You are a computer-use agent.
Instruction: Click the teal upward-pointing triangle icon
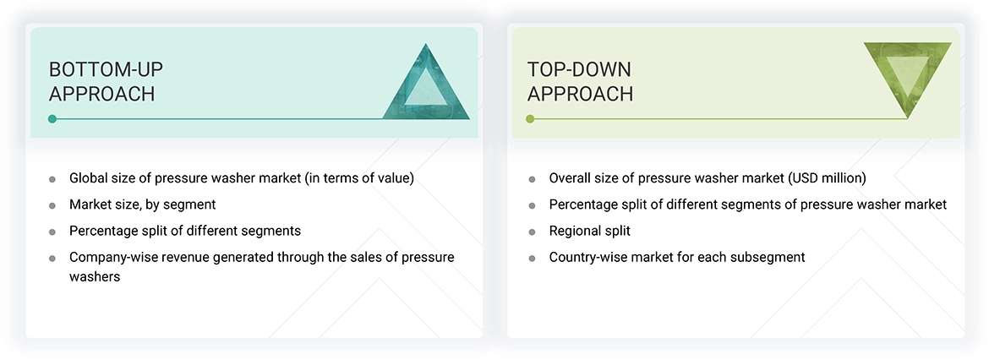pyautogui.click(x=426, y=85)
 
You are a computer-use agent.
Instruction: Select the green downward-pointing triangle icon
pyautogui.click(x=907, y=78)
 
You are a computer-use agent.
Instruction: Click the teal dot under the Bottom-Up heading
pyautogui.click(x=52, y=119)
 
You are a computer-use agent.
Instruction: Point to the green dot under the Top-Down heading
pyautogui.click(x=530, y=119)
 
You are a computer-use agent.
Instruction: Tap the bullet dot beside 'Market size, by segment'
pyautogui.click(x=52, y=205)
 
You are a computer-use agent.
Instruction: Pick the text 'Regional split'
pyautogui.click(x=589, y=231)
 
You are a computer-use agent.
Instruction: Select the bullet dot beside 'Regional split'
pyautogui.click(x=532, y=232)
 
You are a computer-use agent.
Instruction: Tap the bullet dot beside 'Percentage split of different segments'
pyautogui.click(x=52, y=232)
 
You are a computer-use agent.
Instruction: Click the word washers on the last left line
pyautogui.click(x=95, y=276)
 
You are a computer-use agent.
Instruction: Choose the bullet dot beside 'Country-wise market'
pyautogui.click(x=532, y=258)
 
